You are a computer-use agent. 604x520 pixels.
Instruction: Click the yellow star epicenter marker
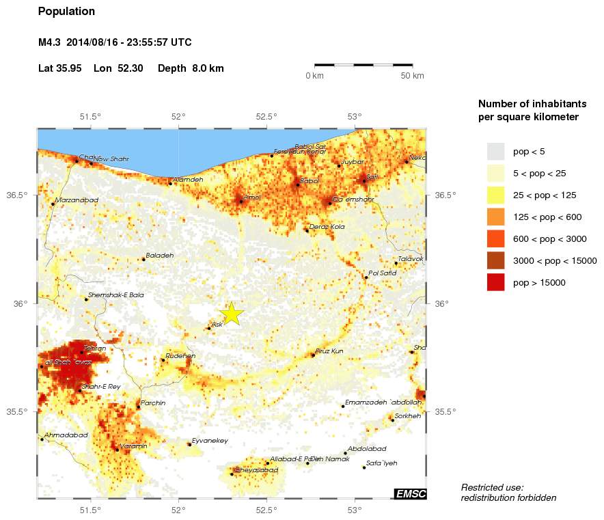tap(232, 313)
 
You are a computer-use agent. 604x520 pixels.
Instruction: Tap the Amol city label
tap(252, 197)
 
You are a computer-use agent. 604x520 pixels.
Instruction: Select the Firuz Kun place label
tap(329, 351)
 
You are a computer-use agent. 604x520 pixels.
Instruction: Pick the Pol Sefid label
tap(382, 273)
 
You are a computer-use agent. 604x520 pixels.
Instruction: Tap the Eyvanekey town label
tap(210, 441)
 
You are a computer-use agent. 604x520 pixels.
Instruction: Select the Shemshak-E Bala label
tap(115, 295)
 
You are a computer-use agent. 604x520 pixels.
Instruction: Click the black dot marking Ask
tap(209, 329)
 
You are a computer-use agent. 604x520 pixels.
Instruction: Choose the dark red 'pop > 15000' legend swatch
tap(495, 282)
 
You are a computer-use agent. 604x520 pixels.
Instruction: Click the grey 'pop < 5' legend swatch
tap(495, 151)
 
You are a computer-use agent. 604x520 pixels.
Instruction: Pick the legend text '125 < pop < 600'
tap(547, 217)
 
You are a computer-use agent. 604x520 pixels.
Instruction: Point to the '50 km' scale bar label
tap(412, 76)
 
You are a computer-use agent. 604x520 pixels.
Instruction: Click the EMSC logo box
tap(410, 494)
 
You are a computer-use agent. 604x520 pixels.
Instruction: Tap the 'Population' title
tap(66, 12)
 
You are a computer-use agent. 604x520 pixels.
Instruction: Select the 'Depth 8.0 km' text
tap(191, 68)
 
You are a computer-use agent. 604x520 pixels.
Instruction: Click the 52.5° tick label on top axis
tap(266, 116)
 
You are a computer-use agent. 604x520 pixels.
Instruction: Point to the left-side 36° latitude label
tap(20, 303)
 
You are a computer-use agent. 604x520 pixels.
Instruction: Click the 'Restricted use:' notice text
tap(492, 487)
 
